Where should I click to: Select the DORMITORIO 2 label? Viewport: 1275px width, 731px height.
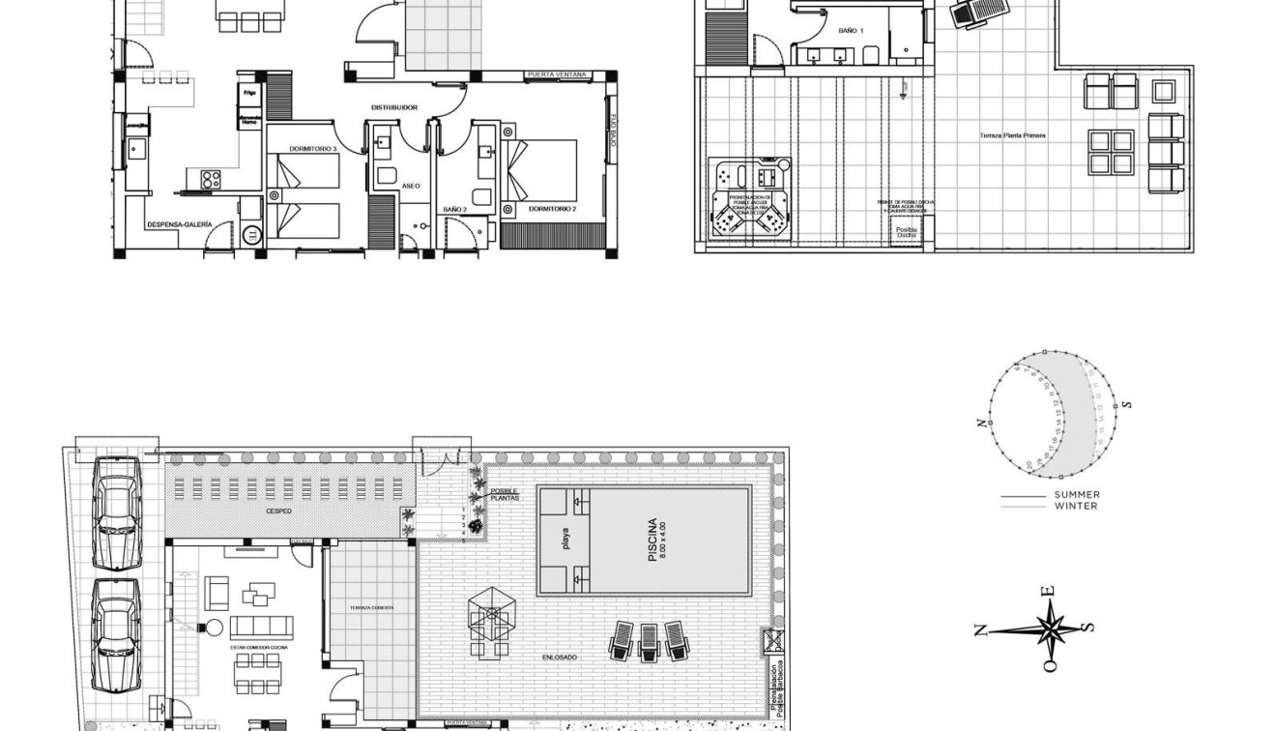(552, 209)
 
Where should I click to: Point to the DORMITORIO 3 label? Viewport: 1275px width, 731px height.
(313, 149)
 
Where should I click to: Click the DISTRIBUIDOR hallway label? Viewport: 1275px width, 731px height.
(394, 107)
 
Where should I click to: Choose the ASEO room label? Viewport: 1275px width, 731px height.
(410, 186)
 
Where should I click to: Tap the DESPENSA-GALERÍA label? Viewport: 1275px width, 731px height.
(179, 225)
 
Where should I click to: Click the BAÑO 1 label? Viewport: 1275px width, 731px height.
(851, 32)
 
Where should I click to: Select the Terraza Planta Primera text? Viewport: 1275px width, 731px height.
(1012, 135)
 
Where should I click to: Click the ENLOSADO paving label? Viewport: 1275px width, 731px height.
(560, 658)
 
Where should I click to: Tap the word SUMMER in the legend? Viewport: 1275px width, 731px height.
(1077, 495)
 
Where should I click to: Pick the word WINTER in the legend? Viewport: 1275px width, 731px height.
(1076, 506)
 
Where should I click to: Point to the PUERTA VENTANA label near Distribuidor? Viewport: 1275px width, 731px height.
(557, 74)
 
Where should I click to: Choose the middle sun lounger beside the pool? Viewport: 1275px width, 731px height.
(649, 642)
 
